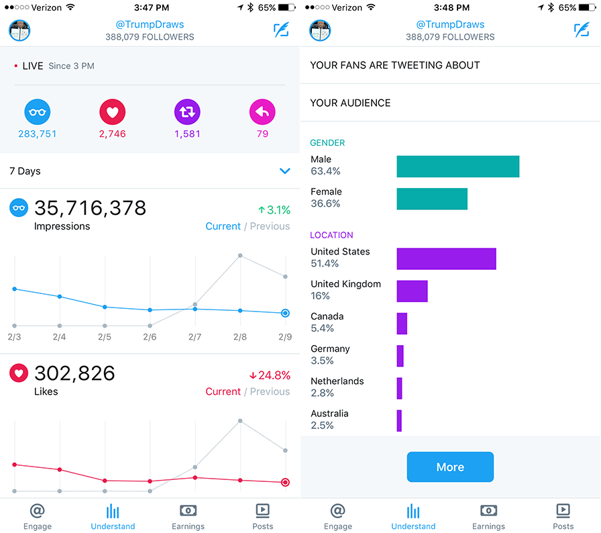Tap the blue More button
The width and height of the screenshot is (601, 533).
click(450, 467)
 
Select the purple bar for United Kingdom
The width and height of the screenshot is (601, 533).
click(412, 291)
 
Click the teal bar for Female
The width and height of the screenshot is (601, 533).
click(432, 199)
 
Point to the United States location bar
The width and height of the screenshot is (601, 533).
click(446, 258)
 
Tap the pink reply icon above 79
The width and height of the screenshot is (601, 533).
click(262, 112)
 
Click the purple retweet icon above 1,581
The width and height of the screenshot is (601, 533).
click(187, 112)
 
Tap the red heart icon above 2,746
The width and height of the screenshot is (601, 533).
click(112, 112)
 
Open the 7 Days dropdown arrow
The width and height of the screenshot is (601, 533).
click(284, 171)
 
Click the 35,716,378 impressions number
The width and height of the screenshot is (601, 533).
click(90, 208)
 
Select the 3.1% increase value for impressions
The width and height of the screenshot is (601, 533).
click(274, 210)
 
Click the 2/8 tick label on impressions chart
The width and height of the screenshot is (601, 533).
click(239, 337)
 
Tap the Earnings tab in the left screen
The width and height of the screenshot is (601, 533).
click(188, 517)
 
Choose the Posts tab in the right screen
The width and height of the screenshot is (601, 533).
click(563, 517)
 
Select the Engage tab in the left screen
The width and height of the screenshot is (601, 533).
click(38, 517)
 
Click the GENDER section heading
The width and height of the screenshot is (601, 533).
click(327, 143)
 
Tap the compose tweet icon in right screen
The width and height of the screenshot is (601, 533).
click(582, 30)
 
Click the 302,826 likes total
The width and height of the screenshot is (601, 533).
click(74, 373)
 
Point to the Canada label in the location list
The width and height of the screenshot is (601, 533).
click(327, 316)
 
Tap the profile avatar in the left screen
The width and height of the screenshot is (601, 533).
click(19, 30)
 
